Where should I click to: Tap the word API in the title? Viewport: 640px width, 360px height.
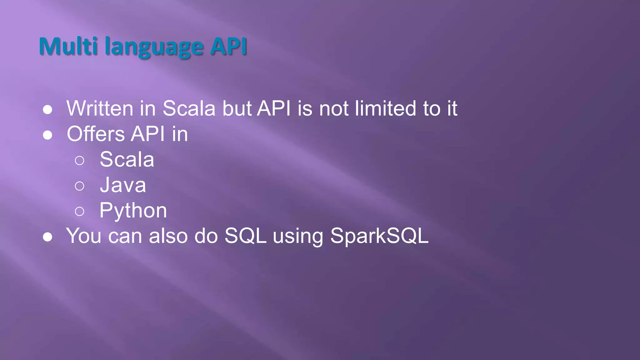coord(228,46)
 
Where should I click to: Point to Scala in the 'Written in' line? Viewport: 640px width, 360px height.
coord(189,108)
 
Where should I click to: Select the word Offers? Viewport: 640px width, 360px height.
coord(96,134)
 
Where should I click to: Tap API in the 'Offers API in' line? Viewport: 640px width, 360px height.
coord(148,134)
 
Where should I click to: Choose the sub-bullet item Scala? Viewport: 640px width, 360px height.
coord(127,159)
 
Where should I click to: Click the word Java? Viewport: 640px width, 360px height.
coord(123,185)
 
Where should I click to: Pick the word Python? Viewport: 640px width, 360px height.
coord(133,211)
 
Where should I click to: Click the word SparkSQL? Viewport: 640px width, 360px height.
coord(379,236)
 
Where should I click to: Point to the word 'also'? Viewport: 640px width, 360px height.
coord(168,236)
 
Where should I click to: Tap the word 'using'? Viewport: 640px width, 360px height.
coord(298,236)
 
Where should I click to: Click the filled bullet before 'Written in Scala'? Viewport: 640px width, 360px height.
coord(47,110)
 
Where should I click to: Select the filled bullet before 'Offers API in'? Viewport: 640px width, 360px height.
coord(47,135)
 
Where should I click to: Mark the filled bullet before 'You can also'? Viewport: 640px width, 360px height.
coord(47,237)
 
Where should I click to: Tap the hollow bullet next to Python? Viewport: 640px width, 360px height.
coord(80,212)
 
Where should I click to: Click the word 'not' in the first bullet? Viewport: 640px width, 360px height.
coord(333,108)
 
